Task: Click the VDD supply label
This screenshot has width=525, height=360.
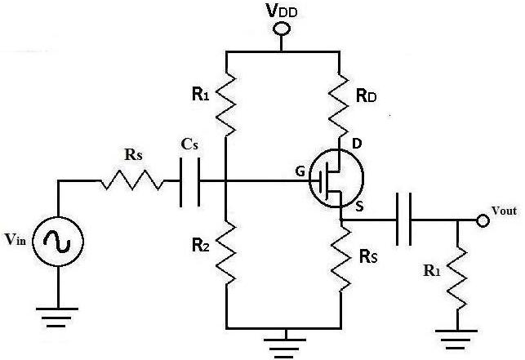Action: (x=281, y=11)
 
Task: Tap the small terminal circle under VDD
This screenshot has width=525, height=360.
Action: (x=281, y=29)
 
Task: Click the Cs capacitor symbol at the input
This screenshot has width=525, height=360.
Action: (x=189, y=181)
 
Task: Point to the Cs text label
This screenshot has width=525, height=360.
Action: (x=189, y=144)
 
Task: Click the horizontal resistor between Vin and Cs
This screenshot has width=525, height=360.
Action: (x=133, y=180)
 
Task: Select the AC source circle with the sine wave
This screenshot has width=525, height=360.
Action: (x=58, y=241)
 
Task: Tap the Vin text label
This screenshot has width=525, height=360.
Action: (x=15, y=239)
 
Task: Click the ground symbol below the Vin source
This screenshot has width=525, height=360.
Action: (x=58, y=317)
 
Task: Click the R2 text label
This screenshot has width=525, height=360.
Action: (x=201, y=246)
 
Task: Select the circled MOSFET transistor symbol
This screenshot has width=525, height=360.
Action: (x=336, y=178)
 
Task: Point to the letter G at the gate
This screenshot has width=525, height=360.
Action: (x=300, y=171)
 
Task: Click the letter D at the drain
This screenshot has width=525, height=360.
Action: (x=358, y=144)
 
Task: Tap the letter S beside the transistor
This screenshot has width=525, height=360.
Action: (x=359, y=207)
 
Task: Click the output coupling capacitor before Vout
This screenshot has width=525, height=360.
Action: (x=403, y=220)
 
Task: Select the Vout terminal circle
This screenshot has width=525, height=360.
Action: (x=483, y=220)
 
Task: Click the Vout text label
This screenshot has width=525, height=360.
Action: (x=505, y=211)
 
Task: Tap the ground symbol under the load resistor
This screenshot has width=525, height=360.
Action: (x=456, y=340)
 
